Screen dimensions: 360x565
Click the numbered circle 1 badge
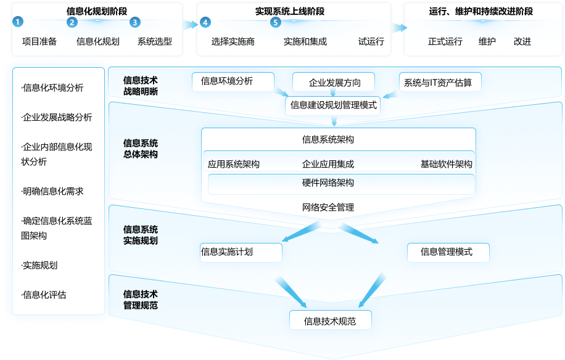pos(19,22)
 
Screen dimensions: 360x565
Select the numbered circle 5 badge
pos(275,22)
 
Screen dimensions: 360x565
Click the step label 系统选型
pos(155,42)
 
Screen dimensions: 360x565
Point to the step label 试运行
pos(371,42)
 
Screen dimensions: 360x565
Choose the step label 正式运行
pos(445,42)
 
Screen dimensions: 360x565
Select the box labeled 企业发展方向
pos(335,83)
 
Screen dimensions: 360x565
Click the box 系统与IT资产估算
pos(438,83)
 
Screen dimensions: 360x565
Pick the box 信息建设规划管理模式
pos(334,105)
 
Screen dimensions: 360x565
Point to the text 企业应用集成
pos(328,165)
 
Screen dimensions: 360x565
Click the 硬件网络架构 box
pos(328,183)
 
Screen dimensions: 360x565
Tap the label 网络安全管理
pos(328,207)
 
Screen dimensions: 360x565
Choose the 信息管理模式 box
pos(447,252)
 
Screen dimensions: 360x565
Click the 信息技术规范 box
pos(331,321)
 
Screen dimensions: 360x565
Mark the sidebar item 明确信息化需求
pos(52,192)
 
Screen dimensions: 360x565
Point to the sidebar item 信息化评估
pos(44,295)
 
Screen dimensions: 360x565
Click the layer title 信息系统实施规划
pos(141,235)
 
